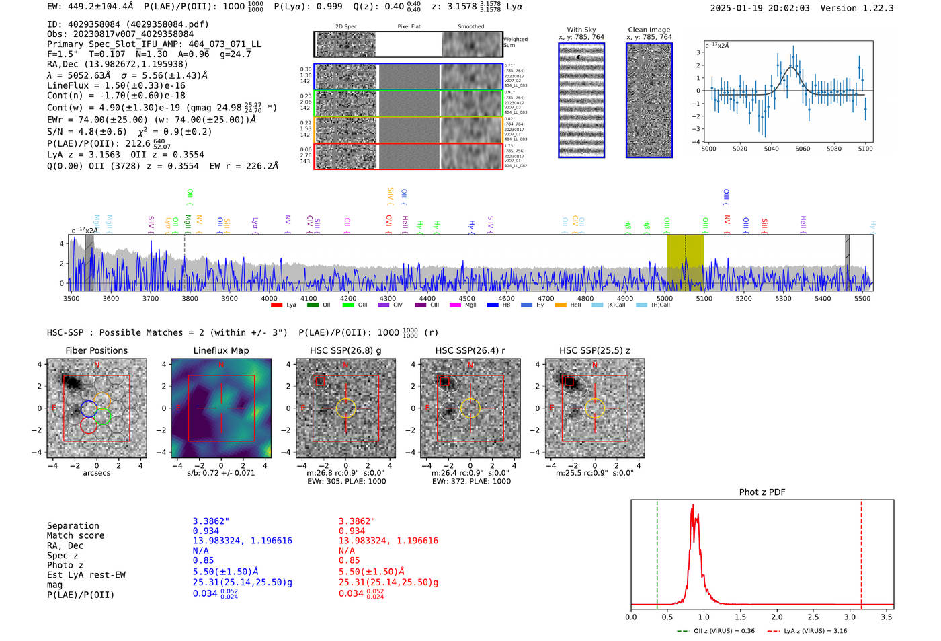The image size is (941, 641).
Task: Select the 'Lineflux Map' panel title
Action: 220,350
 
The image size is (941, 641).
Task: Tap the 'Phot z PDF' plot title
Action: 762,492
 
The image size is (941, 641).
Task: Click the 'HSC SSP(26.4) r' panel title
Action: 470,350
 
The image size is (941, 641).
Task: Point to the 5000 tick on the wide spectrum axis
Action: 665,298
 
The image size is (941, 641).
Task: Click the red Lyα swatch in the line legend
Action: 276,305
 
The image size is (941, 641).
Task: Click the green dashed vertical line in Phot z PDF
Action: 657,552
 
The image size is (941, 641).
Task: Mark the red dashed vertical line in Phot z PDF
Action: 861,552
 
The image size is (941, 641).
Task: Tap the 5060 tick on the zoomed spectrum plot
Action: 803,149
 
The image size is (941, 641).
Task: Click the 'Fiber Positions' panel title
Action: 96,350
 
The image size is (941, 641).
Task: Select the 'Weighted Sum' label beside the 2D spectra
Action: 515,42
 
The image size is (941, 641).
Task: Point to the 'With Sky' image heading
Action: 581,30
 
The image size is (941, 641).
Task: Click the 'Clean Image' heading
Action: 649,30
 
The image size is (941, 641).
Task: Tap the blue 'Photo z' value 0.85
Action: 203,560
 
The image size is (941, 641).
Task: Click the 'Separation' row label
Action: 73,526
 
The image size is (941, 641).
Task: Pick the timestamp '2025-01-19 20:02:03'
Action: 760,8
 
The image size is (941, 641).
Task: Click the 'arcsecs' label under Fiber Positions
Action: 96,473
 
